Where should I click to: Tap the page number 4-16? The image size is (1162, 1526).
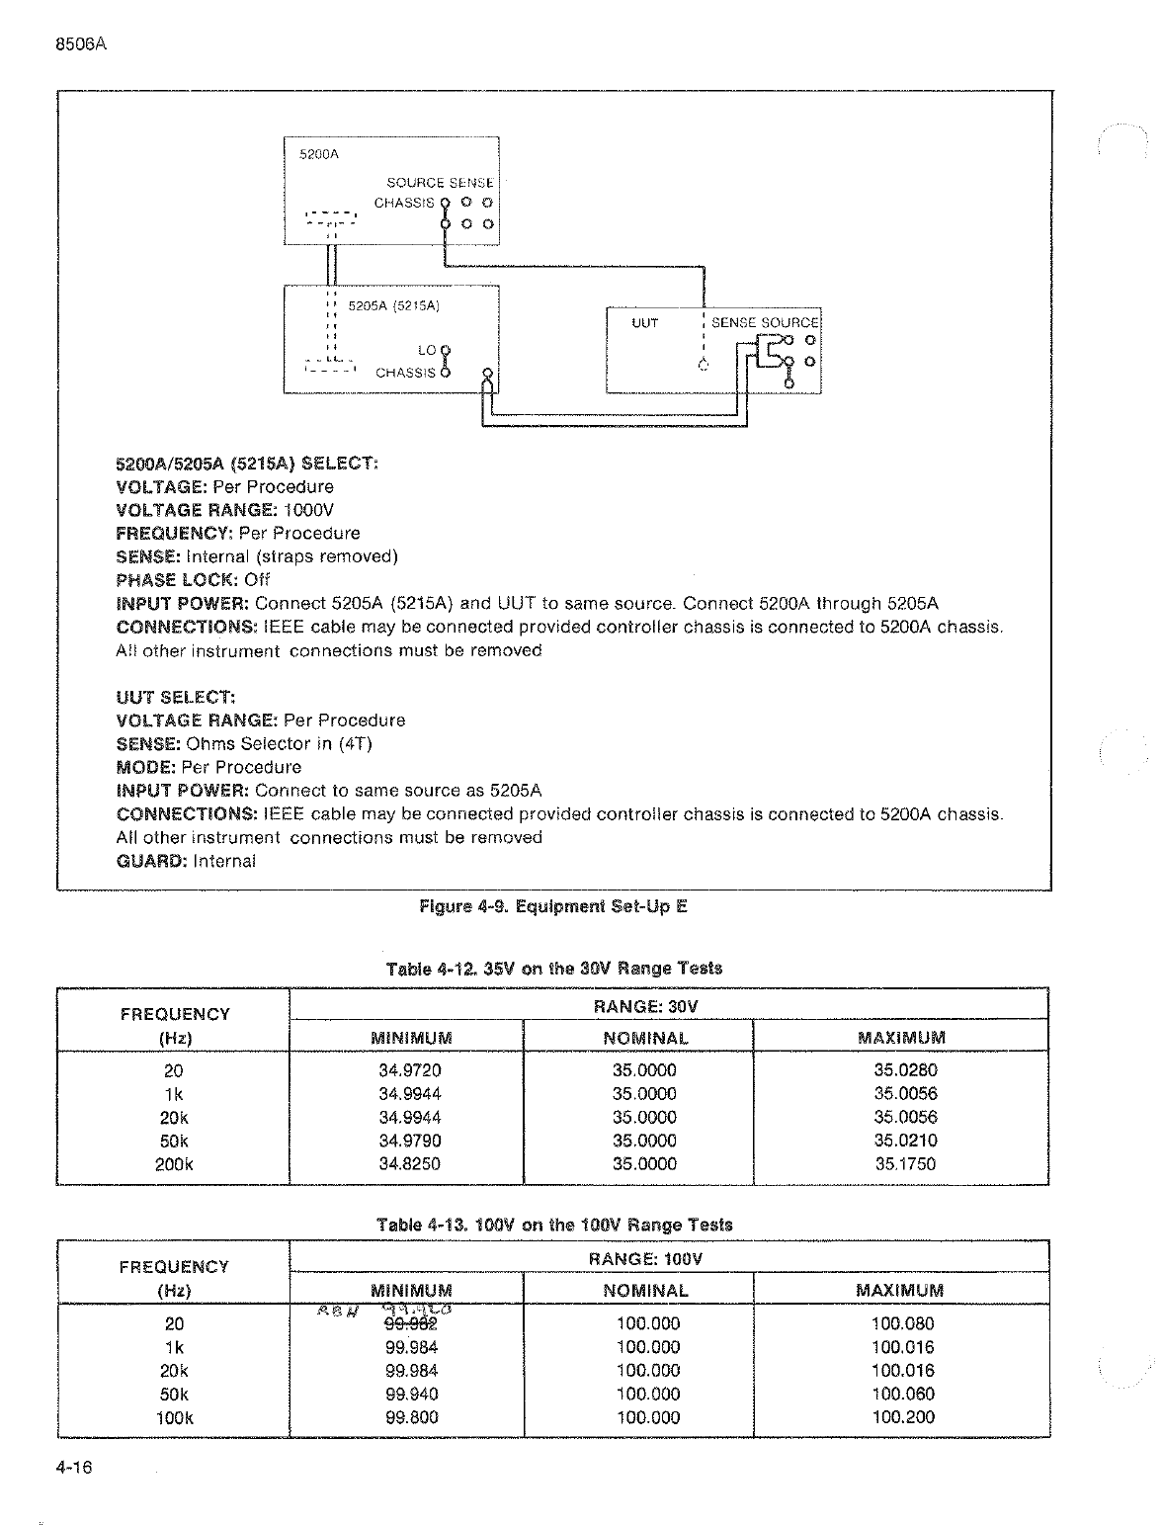coord(74,1468)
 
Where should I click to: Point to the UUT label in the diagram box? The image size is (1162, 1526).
coord(645,323)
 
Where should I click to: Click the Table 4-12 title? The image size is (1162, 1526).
coord(553,969)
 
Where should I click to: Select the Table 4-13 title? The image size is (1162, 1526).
coord(554,1225)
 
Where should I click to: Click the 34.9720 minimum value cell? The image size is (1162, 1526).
coord(410,1069)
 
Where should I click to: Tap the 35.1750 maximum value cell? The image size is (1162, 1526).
coord(905,1163)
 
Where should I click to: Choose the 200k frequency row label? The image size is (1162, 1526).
coord(174,1163)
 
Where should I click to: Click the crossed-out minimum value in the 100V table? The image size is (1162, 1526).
coord(411,1324)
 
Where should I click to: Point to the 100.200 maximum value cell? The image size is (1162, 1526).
coord(902,1416)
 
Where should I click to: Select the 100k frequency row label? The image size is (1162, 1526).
coord(174,1416)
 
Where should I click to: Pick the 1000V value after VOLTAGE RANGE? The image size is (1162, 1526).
coord(308,510)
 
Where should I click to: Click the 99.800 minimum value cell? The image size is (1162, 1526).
coord(411,1416)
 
